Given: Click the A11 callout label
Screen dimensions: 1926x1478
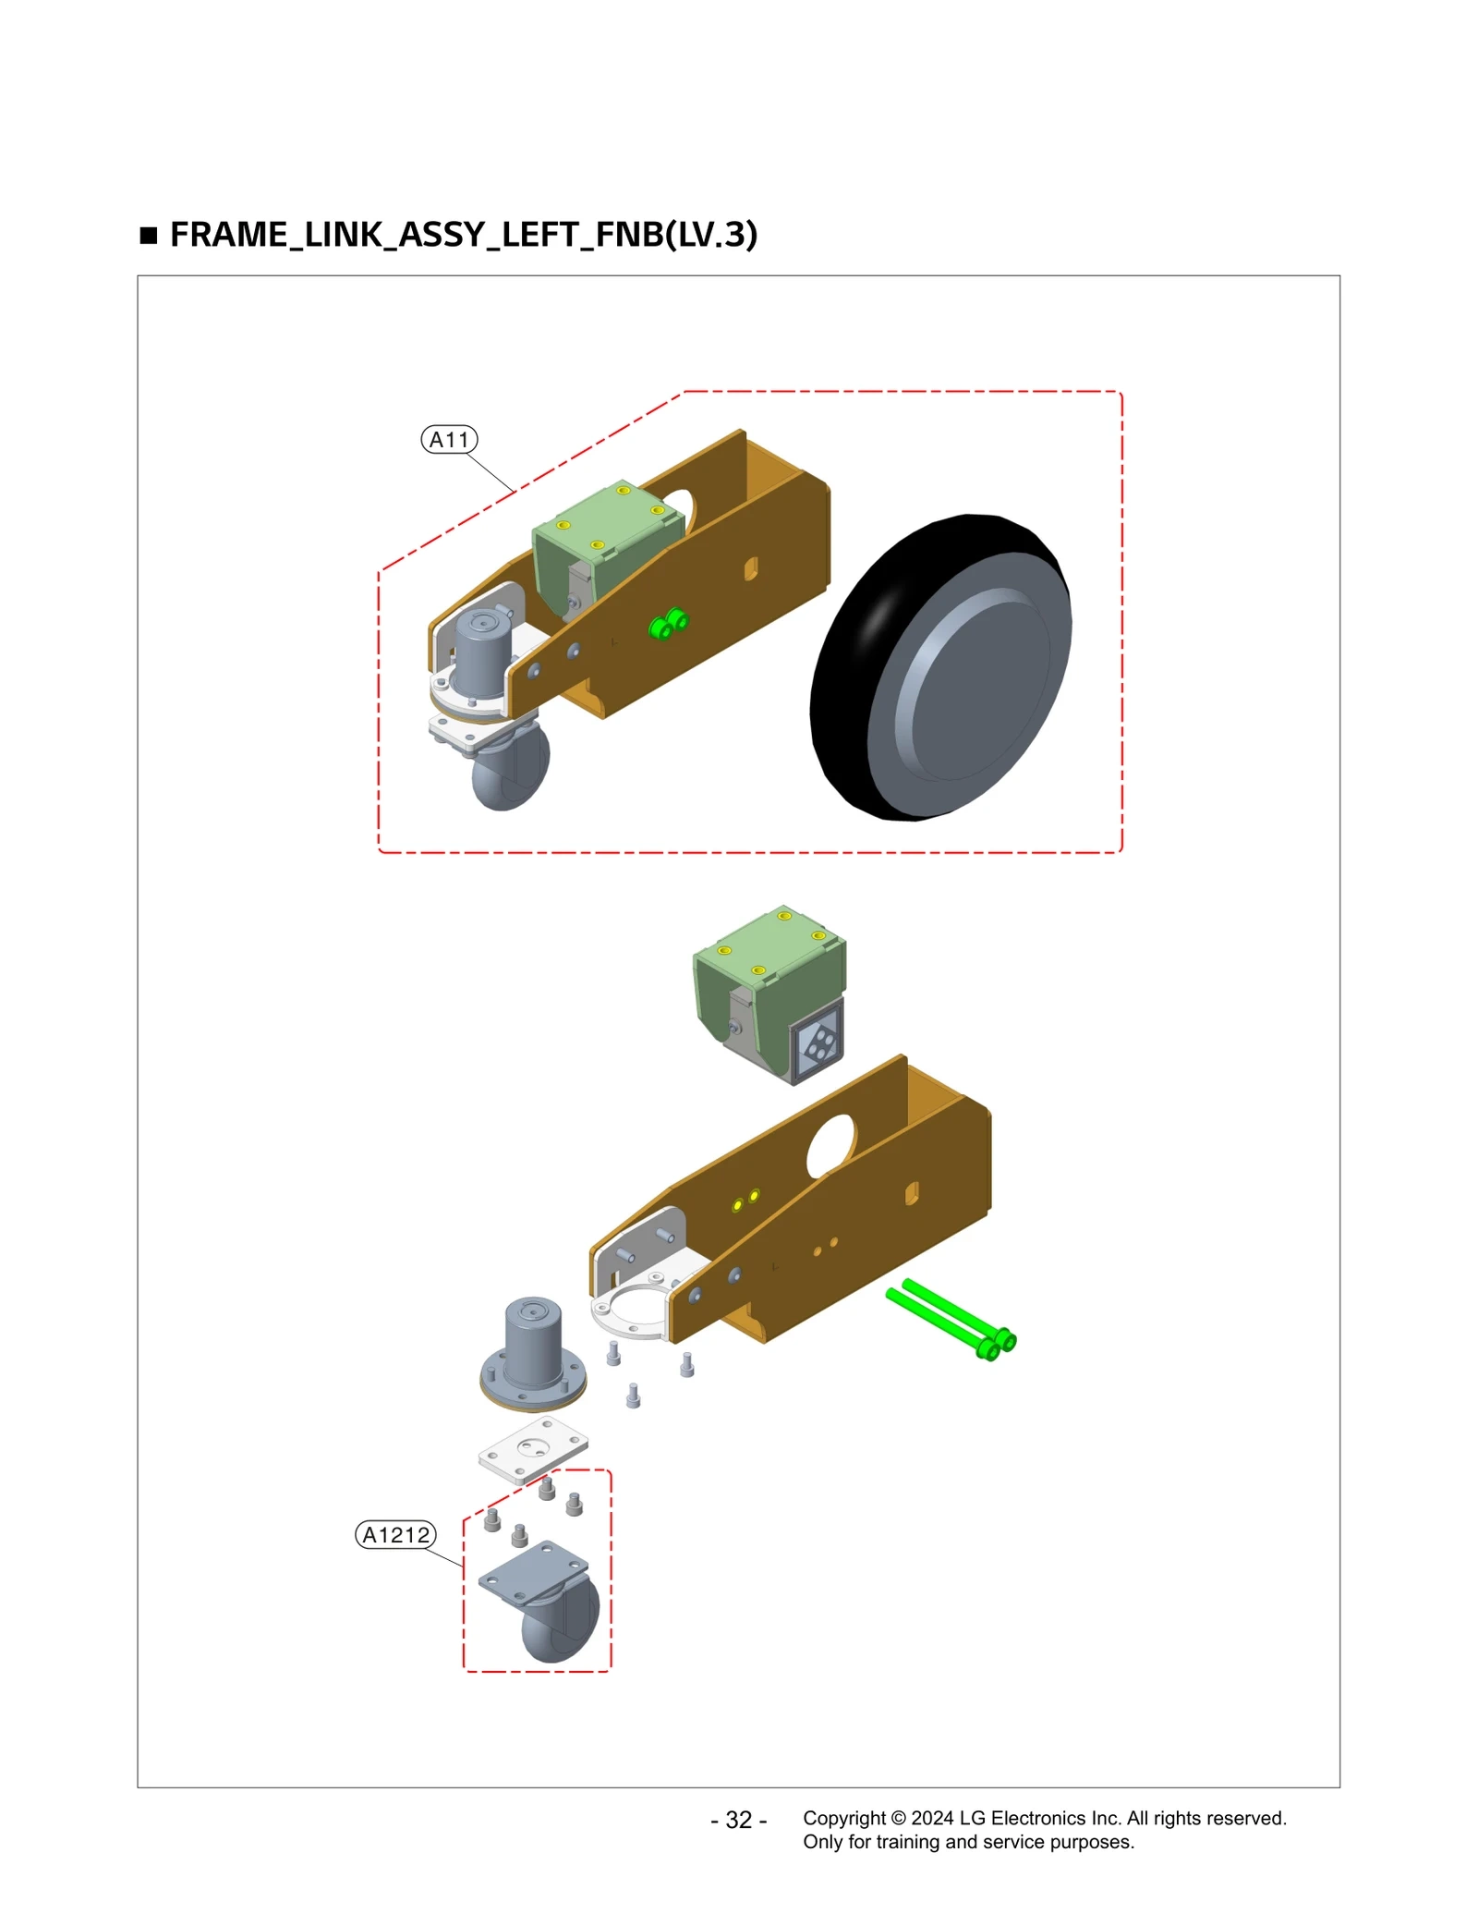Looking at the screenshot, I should [449, 440].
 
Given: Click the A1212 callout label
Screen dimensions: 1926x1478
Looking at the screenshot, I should [395, 1535].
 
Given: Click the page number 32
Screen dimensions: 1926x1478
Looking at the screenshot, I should [738, 1820].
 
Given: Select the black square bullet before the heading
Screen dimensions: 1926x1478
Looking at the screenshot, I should [149, 236].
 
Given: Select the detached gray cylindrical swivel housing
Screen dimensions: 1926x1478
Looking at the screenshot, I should [533, 1351].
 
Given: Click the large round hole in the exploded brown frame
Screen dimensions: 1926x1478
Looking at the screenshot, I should [830, 1145].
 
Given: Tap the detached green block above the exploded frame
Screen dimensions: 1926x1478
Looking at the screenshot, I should [769, 970].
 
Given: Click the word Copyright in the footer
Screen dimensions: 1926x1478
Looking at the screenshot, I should [843, 1818].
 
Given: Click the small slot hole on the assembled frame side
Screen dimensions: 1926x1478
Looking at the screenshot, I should [751, 567].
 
